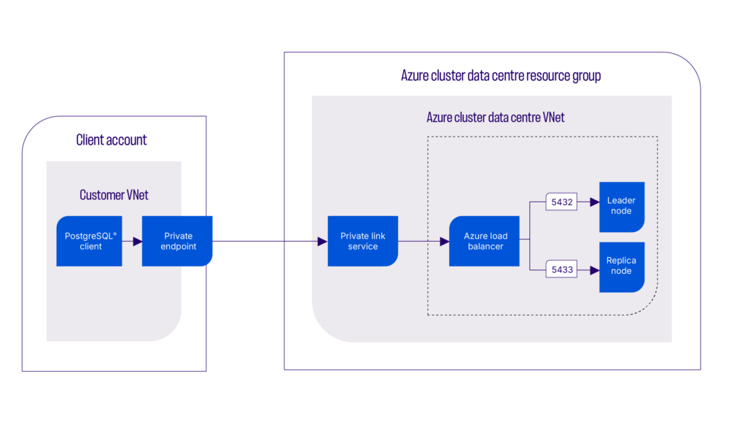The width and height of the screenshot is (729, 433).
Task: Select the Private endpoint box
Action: click(177, 241)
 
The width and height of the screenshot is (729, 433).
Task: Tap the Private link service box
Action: click(362, 241)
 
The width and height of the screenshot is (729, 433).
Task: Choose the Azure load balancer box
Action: click(484, 241)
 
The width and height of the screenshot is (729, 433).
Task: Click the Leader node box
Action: click(621, 206)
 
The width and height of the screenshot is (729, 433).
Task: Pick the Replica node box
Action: click(621, 267)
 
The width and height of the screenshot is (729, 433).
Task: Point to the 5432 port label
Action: click(561, 201)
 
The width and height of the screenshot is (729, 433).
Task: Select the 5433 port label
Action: click(561, 270)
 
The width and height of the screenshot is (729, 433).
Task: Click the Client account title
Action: click(112, 140)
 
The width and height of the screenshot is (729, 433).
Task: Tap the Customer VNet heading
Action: click(114, 195)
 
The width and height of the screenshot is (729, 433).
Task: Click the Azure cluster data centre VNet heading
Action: click(495, 118)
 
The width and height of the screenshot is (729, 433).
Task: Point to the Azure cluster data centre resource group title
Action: click(501, 76)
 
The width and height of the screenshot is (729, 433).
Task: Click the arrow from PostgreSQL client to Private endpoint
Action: click(134, 241)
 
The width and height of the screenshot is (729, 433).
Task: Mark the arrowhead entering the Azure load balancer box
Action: click(445, 241)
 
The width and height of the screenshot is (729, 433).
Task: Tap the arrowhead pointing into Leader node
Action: click(594, 201)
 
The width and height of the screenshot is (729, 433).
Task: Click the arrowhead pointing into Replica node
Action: click(594, 270)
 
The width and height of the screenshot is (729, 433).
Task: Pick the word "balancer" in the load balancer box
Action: click(485, 247)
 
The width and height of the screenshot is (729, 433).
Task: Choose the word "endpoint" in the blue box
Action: click(178, 247)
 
